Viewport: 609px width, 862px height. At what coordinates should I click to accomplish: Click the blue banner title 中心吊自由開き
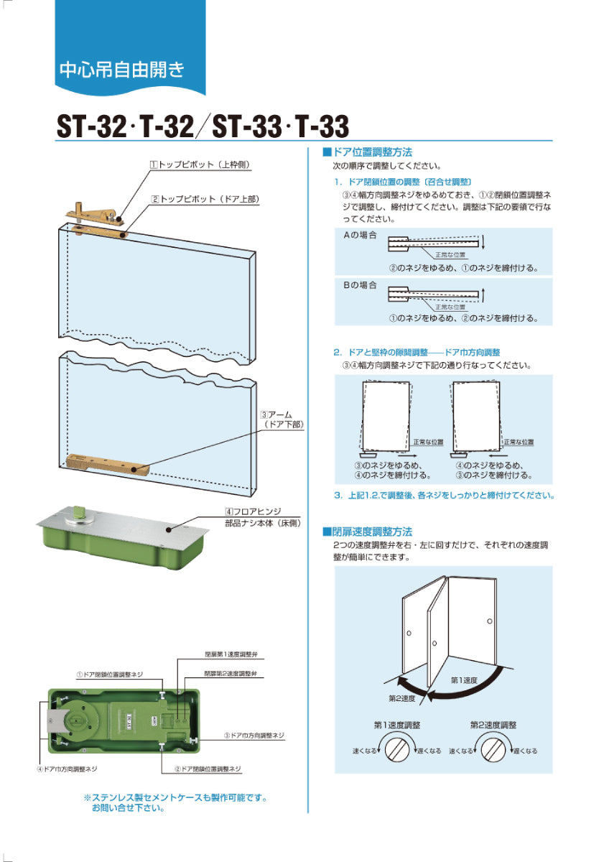coord(122,70)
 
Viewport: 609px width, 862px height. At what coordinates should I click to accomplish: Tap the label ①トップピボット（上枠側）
coord(200,164)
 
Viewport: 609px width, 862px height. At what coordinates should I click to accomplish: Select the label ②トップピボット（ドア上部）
coord(205,199)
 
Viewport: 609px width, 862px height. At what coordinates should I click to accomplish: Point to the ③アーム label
coord(276,415)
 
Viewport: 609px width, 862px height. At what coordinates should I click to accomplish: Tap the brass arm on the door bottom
coord(107,465)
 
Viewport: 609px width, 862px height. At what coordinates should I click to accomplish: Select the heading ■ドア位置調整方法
coord(367,152)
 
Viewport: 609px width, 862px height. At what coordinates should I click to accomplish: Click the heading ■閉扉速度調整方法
coord(367,532)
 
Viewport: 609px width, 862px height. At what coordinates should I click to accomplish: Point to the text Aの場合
coord(360,235)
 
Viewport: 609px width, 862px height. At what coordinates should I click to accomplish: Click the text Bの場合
coord(360,285)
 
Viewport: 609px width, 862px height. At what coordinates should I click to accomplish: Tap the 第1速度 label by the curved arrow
coord(464,680)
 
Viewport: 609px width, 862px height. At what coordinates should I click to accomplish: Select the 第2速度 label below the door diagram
coord(401,698)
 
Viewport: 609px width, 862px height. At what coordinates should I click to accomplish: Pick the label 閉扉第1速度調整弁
coord(231,654)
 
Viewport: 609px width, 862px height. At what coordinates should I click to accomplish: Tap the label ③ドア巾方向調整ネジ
coord(254,736)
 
